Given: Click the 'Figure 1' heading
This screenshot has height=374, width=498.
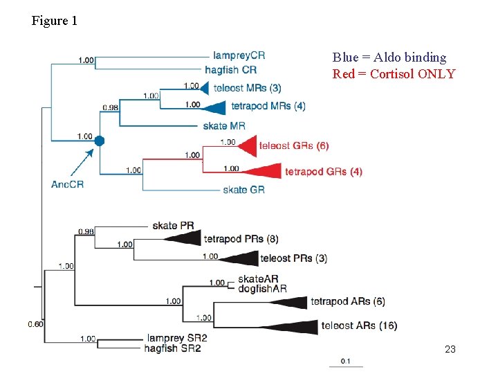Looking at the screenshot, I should pos(55,21).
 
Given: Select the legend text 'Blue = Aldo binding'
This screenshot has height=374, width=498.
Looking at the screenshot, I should pos(389,57).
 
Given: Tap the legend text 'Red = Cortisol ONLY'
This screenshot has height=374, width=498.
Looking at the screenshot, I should pos(394,74).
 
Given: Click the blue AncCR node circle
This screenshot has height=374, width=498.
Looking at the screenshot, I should pos(100,141).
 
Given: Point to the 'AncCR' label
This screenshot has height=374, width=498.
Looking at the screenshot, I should pos(67,184).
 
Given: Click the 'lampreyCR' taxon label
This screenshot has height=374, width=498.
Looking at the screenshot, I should pos(239,55).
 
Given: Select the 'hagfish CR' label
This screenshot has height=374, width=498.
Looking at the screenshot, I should pos(231,70).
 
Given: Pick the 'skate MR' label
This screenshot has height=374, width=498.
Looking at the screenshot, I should pos(224,126).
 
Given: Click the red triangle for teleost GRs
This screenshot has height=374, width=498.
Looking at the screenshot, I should pos(244,145).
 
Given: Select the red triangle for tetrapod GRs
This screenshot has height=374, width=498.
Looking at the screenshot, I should pos(267,171).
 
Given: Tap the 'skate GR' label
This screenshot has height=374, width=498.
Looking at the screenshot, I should pos(243,190).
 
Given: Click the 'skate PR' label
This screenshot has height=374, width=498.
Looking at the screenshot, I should pos(173,226).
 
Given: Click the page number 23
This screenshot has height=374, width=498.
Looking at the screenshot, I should pos(450,350).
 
